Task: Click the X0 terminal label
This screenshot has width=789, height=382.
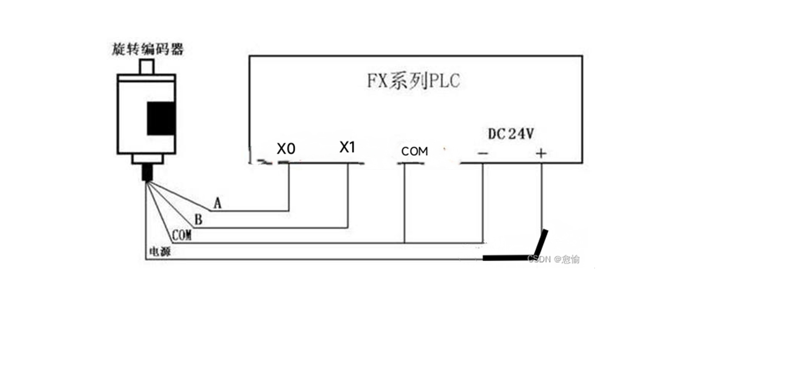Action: (x=286, y=149)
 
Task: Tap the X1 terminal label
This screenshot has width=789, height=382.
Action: (x=347, y=147)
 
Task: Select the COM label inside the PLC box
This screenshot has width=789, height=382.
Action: (x=414, y=152)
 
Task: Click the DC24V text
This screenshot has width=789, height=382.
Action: (x=511, y=134)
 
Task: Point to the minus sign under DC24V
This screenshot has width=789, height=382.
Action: (x=483, y=154)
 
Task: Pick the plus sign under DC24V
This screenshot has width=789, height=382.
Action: (x=541, y=154)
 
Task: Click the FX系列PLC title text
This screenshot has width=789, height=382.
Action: (x=413, y=81)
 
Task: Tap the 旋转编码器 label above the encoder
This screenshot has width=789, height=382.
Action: (x=148, y=49)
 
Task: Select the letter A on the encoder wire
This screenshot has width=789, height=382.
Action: (x=217, y=203)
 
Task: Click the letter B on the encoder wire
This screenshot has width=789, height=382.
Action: (x=198, y=220)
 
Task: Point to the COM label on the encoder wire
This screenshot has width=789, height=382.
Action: (x=181, y=235)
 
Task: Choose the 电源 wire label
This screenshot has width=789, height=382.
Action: (x=160, y=251)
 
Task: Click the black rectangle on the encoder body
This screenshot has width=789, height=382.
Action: (x=161, y=119)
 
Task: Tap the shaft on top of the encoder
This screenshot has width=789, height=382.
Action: (x=147, y=66)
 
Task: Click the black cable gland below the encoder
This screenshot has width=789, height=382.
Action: (x=147, y=173)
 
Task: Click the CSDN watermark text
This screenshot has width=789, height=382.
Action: (x=553, y=259)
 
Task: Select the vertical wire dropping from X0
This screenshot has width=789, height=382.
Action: (x=289, y=187)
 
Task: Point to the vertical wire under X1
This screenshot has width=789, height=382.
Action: (x=348, y=196)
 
